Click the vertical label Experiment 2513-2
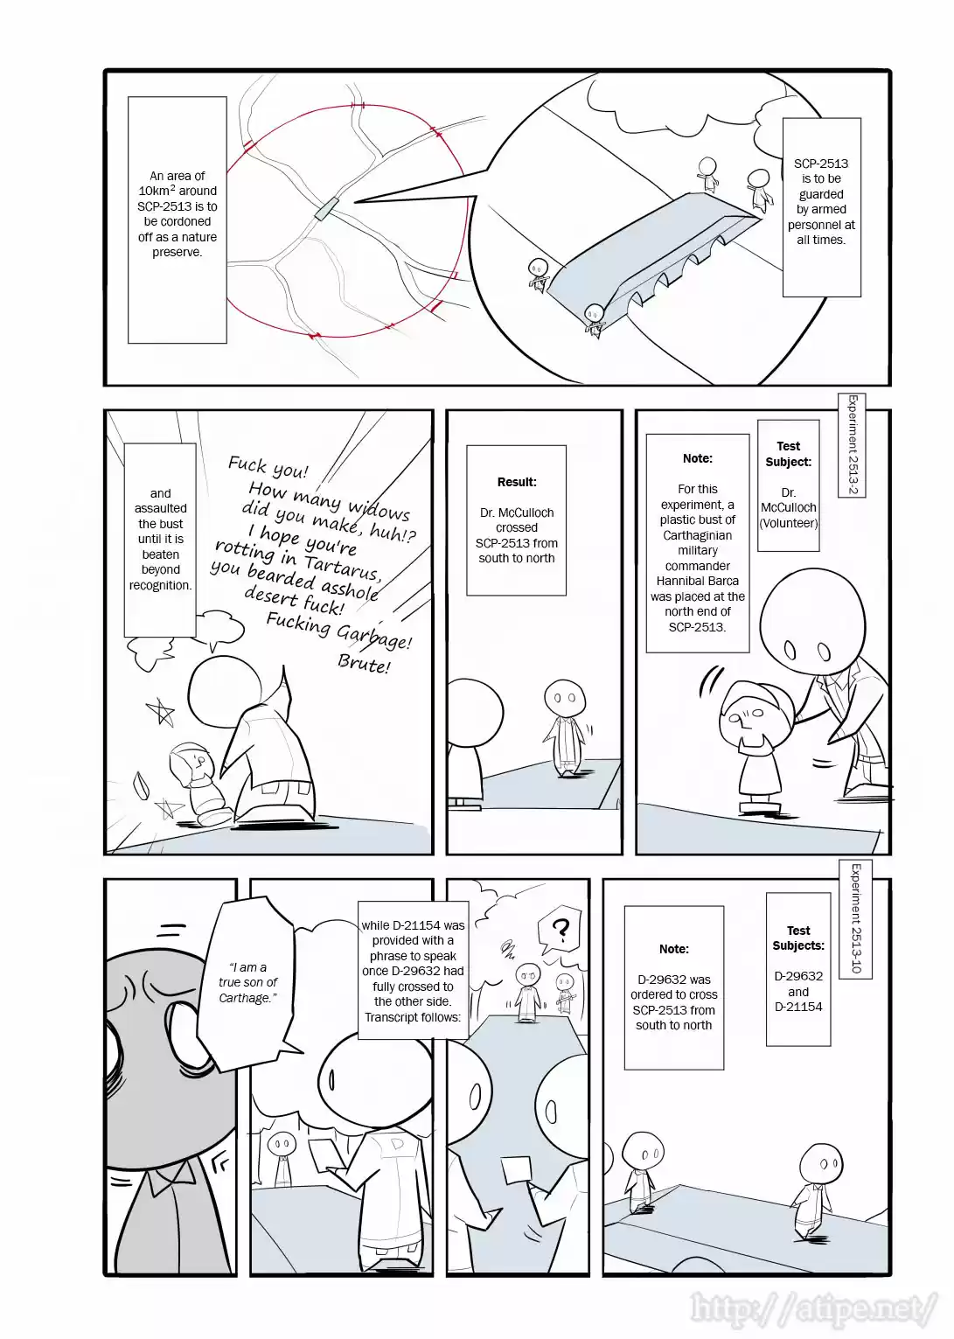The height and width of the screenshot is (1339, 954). (853, 445)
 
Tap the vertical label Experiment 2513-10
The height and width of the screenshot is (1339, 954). (856, 918)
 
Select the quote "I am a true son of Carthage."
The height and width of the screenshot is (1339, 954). (247, 982)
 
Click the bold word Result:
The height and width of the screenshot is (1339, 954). (517, 482)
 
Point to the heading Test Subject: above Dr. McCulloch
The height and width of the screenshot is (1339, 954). (788, 454)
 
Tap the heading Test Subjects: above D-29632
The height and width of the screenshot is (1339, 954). (798, 938)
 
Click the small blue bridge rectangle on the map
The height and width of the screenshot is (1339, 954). (326, 208)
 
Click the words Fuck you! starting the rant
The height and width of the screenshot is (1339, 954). (268, 467)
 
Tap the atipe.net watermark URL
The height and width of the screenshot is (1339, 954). (813, 1308)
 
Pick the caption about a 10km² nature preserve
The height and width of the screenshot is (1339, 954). (178, 214)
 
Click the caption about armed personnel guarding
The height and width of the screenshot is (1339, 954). (821, 202)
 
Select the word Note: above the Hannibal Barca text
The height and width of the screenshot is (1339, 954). (698, 458)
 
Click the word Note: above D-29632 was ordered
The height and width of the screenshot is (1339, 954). (674, 949)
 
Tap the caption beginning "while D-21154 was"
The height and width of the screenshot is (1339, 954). (413, 971)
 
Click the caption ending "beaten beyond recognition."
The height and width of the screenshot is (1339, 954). (160, 539)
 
